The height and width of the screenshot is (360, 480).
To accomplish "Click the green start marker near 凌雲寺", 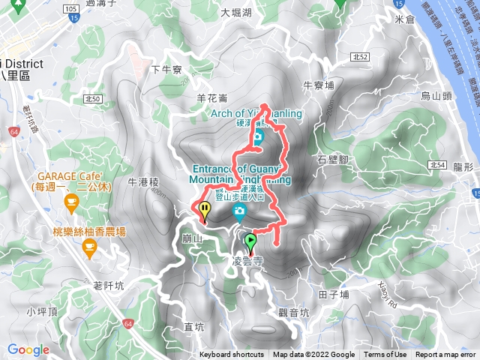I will click(250, 241).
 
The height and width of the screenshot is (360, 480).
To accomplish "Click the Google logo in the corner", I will click(28, 349).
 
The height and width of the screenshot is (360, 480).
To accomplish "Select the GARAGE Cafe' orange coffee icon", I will click(71, 200).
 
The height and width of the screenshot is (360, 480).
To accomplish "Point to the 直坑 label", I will click(193, 327).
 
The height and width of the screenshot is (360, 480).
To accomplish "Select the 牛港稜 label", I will click(145, 181).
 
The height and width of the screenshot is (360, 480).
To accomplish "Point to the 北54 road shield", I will click(439, 164).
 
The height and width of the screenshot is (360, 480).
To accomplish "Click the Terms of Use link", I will click(385, 355).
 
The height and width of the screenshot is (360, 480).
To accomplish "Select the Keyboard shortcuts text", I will click(232, 355).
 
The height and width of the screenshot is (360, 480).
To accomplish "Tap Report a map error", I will click(446, 355).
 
